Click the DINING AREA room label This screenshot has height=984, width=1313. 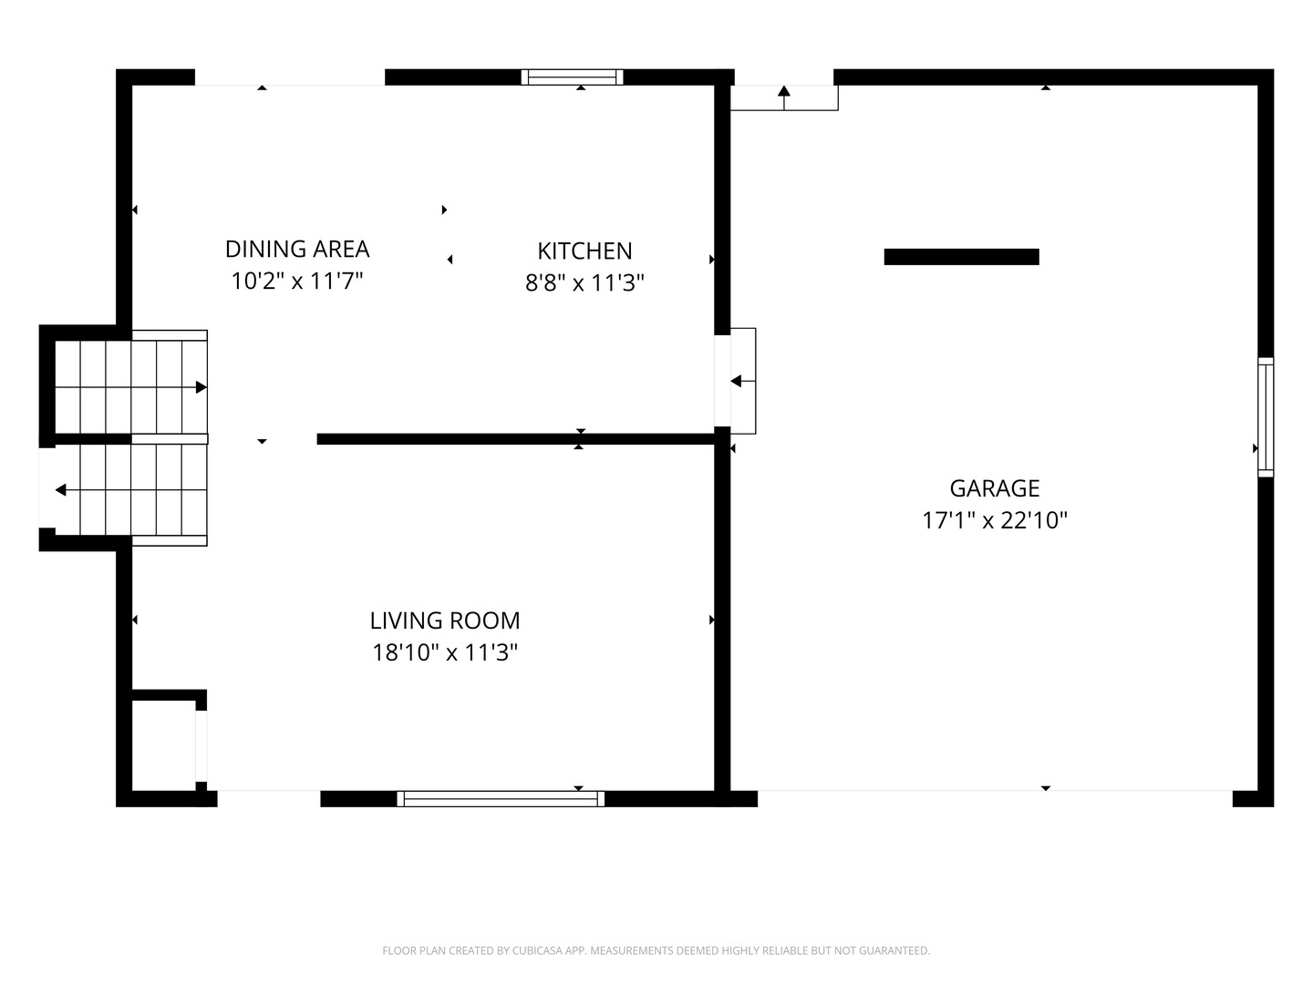tap(296, 249)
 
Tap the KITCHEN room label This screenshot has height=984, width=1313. tap(584, 251)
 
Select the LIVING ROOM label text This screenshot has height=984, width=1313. tap(444, 620)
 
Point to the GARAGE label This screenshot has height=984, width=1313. tap(994, 488)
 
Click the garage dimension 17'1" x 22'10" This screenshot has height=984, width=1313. tap(994, 520)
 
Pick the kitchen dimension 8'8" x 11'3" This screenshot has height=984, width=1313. tap(584, 282)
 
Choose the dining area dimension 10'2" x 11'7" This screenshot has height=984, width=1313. tap(296, 281)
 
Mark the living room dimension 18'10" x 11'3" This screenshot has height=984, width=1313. tap(444, 652)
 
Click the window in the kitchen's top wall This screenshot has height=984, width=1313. tap(572, 77)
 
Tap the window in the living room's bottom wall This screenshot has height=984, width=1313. tap(500, 799)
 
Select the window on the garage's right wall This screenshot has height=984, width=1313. tap(1266, 417)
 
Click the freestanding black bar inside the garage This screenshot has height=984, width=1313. tap(961, 256)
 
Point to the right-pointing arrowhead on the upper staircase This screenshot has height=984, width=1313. tap(202, 387)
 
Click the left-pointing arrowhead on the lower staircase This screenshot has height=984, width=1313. tap(61, 490)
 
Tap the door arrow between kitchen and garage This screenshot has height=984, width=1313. tap(743, 381)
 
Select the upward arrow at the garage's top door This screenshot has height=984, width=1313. tap(784, 98)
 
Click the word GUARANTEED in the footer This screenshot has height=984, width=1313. tap(894, 950)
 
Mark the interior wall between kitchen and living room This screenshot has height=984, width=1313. tap(516, 439)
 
